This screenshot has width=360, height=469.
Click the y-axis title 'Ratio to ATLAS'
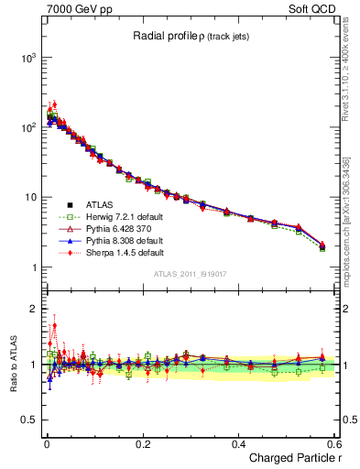(x=12, y=364)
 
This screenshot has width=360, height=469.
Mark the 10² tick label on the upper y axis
(x=27, y=127)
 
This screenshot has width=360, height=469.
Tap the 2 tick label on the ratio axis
(x=33, y=309)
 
